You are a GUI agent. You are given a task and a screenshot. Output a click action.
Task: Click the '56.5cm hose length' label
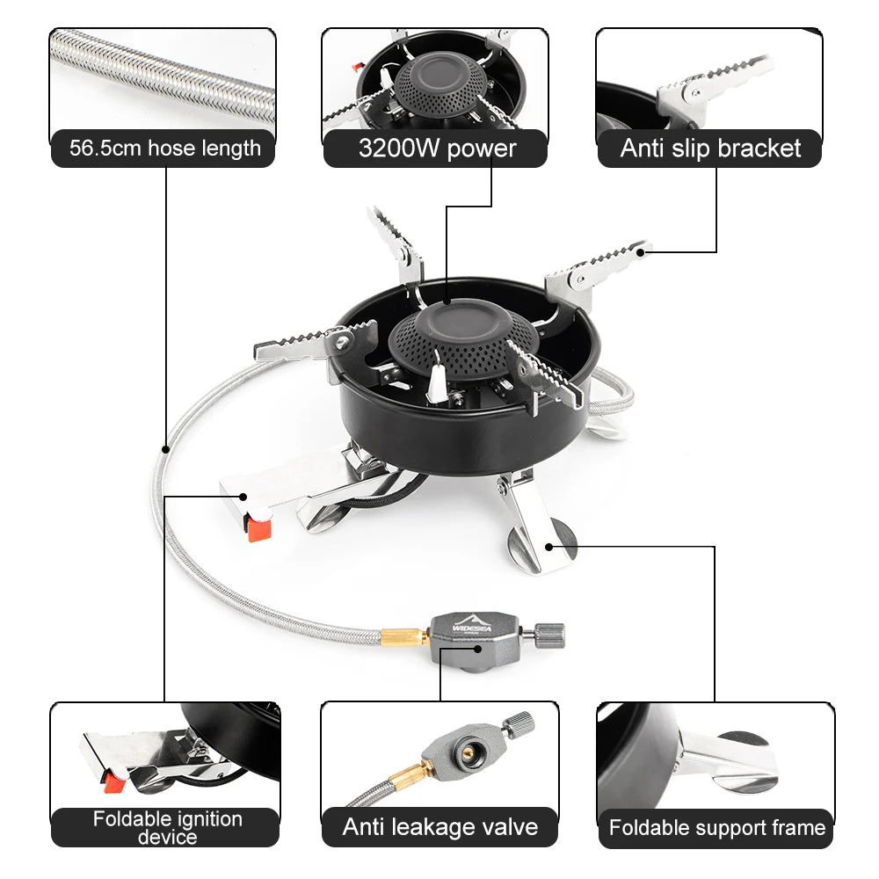tap(165, 149)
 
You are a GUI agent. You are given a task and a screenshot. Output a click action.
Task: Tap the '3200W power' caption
tap(437, 149)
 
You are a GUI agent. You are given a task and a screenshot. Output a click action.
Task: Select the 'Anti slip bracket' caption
tap(710, 149)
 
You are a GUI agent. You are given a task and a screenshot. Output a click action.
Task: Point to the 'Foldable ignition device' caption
tap(167, 828)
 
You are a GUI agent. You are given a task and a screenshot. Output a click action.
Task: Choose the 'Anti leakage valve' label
tap(439, 827)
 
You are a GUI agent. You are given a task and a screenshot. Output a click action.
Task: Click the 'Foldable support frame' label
tap(716, 828)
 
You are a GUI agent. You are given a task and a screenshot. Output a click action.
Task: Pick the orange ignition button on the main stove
tap(258, 527)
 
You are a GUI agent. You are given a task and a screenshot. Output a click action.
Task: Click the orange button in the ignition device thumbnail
tap(109, 779)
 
